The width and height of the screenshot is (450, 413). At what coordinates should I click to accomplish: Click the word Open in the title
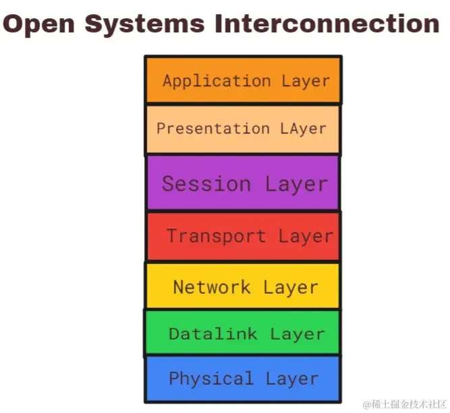tap(41, 24)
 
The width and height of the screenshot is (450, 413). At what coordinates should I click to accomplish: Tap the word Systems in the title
tap(144, 24)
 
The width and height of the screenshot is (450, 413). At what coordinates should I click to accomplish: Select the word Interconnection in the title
tap(327, 24)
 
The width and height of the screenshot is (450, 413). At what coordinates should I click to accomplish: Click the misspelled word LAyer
tap(302, 129)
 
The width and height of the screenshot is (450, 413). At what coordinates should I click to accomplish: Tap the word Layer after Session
tap(296, 184)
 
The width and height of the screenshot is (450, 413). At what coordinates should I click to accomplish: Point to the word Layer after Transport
tap(305, 236)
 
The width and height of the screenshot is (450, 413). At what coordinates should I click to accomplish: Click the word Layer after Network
tap(290, 287)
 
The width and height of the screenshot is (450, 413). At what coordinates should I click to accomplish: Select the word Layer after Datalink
tap(297, 333)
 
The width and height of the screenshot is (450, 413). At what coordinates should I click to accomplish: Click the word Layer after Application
tap(306, 82)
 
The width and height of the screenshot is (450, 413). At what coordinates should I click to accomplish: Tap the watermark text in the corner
tap(405, 404)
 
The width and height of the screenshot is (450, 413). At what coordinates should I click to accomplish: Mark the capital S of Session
tap(169, 184)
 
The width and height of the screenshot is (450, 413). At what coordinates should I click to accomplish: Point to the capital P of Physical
tap(173, 379)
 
